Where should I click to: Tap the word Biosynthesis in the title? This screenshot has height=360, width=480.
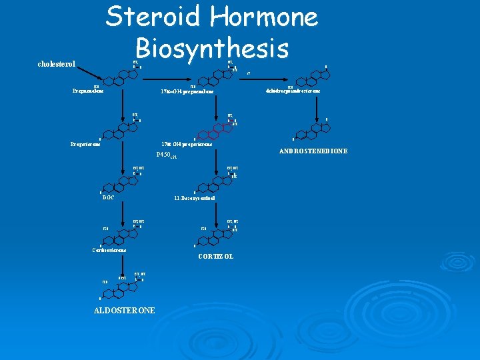212,48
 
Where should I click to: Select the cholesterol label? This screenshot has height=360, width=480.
57,65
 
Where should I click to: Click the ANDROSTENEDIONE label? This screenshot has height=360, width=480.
316,151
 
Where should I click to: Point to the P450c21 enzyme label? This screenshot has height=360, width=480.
167,155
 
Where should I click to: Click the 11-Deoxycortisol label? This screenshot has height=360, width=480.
193,198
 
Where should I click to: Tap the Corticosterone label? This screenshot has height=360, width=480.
107,250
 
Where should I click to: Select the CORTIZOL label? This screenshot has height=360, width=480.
216,257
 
